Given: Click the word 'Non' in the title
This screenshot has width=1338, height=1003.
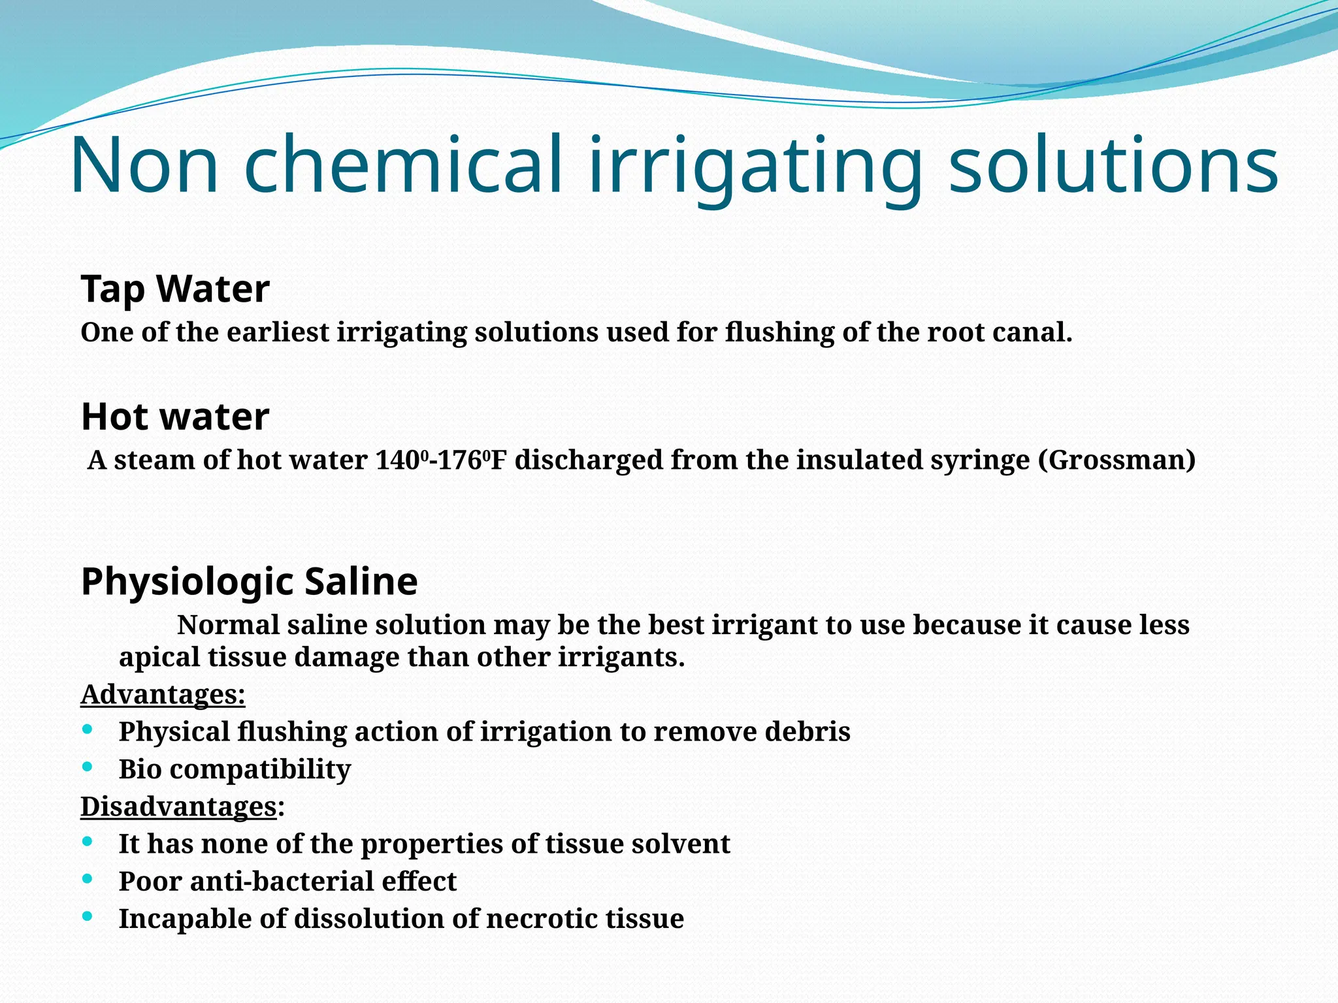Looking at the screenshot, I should coord(144,166).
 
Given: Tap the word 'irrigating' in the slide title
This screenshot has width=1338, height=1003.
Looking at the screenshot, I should coord(756,166).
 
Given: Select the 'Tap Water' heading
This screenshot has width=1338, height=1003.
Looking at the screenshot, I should coord(175,289).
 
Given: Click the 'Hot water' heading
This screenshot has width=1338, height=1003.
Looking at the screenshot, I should coord(175,417).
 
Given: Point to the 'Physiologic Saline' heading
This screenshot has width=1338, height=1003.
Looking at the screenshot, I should coord(249,581).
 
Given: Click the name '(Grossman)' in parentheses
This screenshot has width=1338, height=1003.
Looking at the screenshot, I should coord(1117,460).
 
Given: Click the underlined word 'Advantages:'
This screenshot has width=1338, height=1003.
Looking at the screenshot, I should coord(163,694).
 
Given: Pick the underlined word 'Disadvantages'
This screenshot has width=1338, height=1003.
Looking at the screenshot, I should coord(179,806).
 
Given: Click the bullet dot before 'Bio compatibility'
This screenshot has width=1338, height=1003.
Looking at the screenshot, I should coord(88,767).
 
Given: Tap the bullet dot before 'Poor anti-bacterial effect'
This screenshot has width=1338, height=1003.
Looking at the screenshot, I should coord(88,879).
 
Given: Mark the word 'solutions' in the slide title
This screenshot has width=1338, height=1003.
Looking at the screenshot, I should coord(1113,166).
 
